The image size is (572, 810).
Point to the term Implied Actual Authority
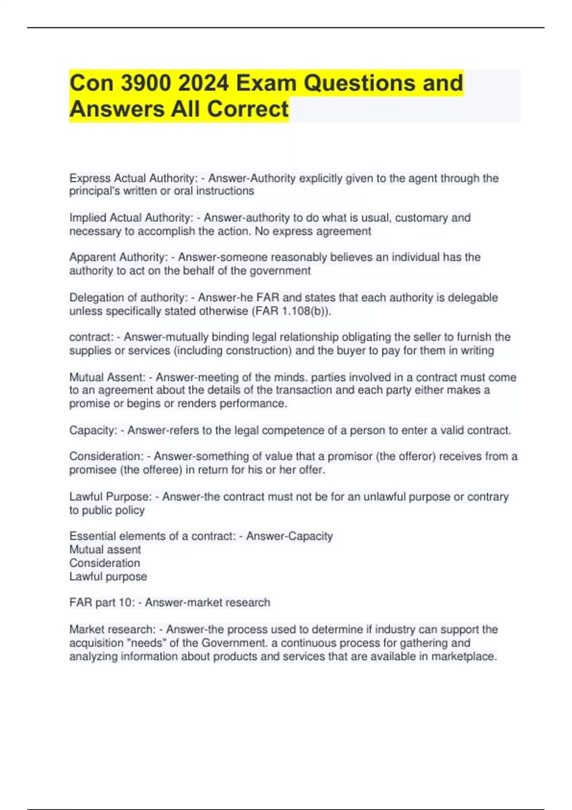[131, 218]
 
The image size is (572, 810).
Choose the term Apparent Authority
[118, 257]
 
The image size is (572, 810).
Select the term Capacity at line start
[92, 430]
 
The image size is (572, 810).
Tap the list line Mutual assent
[105, 549]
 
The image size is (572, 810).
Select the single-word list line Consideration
[105, 563]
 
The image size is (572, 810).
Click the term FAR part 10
[102, 602]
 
